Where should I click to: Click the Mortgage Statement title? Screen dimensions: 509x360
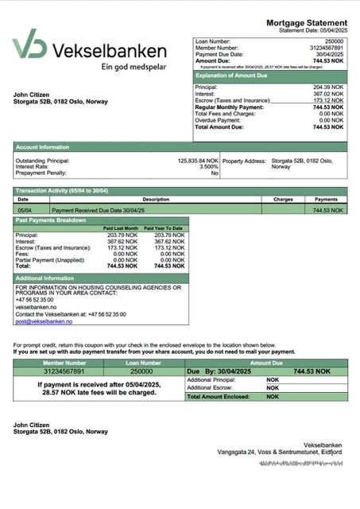click(306, 22)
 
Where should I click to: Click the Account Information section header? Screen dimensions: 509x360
click(41, 147)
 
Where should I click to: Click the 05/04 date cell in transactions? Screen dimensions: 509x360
click(24, 210)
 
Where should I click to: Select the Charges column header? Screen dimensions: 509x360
click(283, 200)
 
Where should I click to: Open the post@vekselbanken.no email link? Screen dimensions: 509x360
click(44, 321)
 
